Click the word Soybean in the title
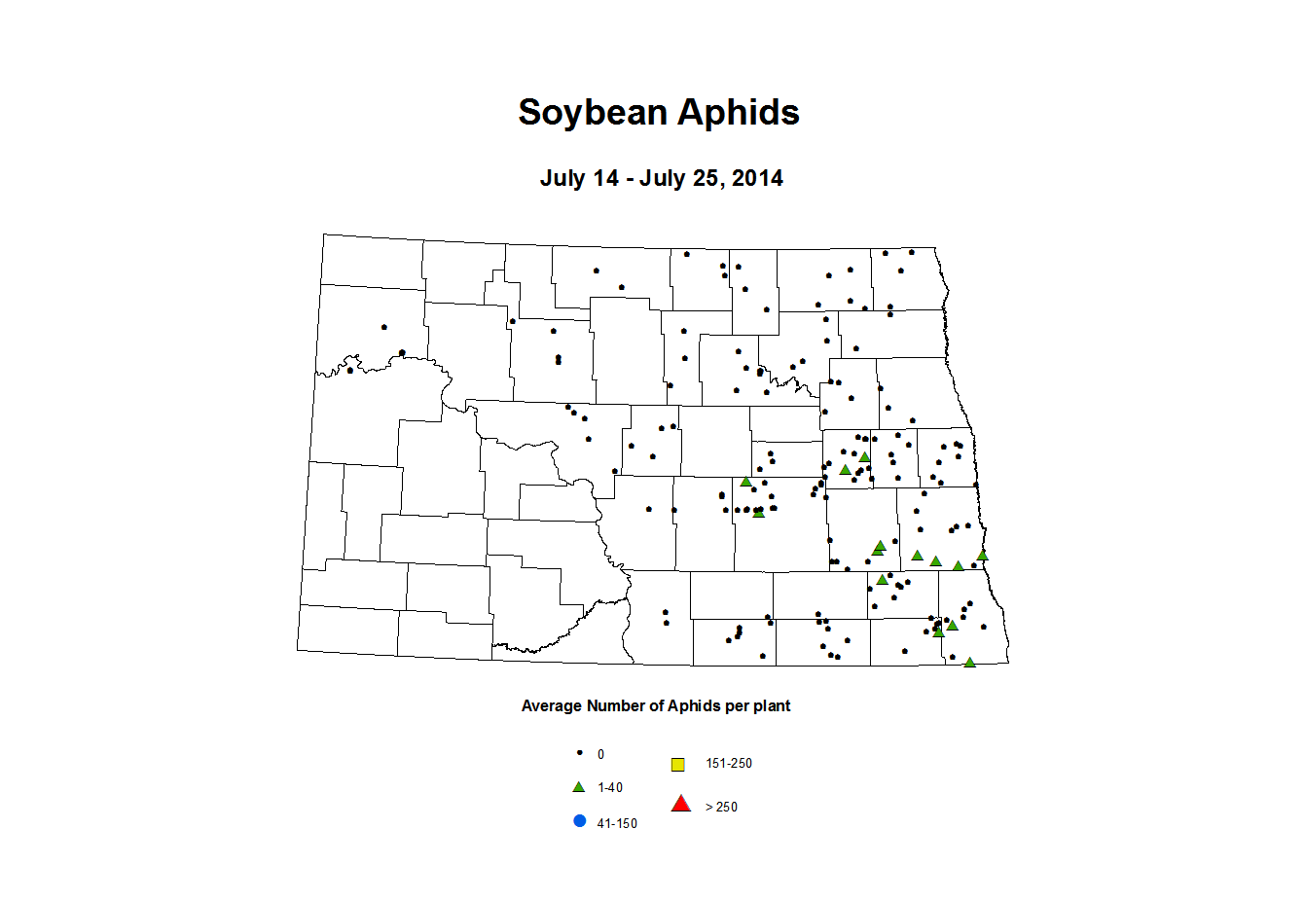click(593, 113)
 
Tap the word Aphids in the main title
click(739, 113)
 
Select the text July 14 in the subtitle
click(579, 179)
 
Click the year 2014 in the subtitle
click(757, 179)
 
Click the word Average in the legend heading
click(552, 706)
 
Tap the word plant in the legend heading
click(771, 706)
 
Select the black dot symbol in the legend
click(579, 753)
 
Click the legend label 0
click(600, 755)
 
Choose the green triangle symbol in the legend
click(578, 787)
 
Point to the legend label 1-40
click(610, 788)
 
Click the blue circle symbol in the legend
click(580, 821)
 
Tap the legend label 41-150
click(617, 824)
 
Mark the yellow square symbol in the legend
click(678, 765)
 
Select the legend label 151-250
click(729, 764)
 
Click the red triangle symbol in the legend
click(681, 804)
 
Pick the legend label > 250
click(721, 808)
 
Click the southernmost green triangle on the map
click(969, 663)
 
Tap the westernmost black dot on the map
click(350, 370)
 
